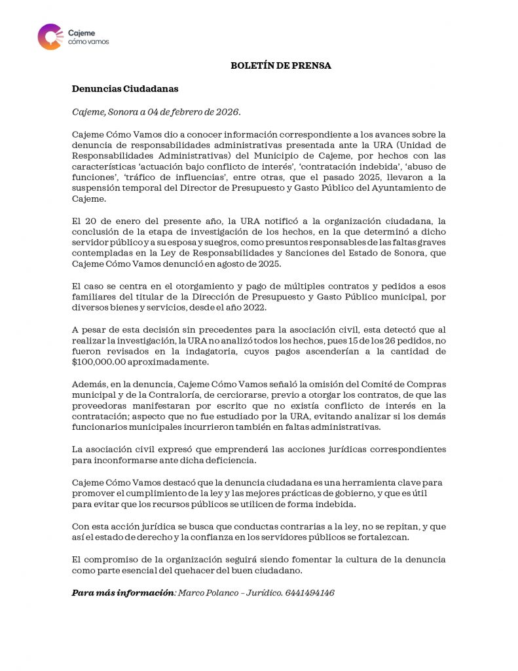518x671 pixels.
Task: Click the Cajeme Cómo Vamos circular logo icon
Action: pos(50,37)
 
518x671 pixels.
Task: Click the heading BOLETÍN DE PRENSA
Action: pos(281,66)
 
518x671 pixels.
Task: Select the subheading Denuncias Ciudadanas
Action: pos(125,88)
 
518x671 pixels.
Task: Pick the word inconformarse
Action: pos(120,461)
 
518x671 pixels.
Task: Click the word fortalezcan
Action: pos(381,537)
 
